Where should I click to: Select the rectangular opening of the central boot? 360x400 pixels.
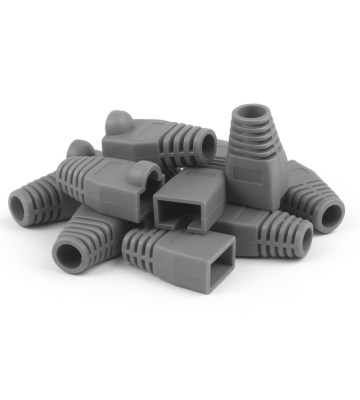click(185, 212)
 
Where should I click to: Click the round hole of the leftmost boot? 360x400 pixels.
click(21, 207)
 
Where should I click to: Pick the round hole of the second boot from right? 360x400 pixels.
click(297, 239)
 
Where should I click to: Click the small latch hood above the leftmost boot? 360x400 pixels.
click(78, 151)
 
